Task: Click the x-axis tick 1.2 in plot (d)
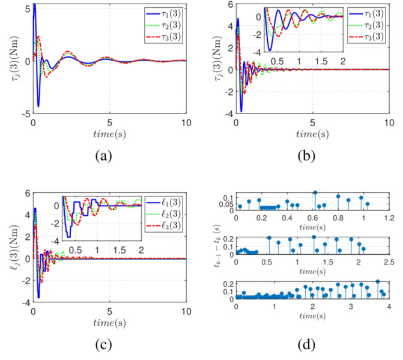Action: click(x=389, y=218)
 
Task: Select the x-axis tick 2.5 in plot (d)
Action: click(x=389, y=263)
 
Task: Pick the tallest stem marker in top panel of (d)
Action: click(x=315, y=193)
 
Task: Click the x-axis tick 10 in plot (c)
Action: click(x=186, y=311)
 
